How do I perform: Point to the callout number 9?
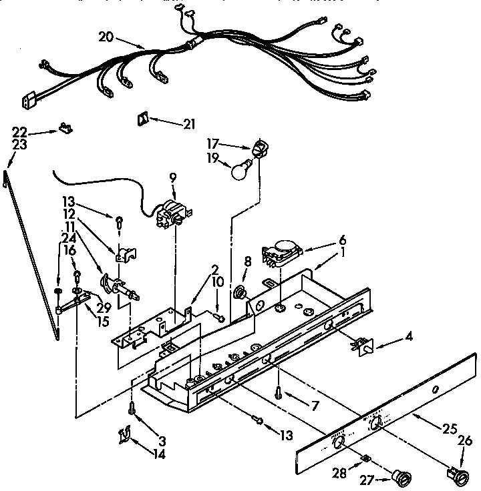click(172, 177)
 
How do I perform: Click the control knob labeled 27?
click(402, 476)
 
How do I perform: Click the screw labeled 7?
click(279, 394)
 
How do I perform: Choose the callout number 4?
click(408, 338)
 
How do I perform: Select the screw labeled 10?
click(220, 318)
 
